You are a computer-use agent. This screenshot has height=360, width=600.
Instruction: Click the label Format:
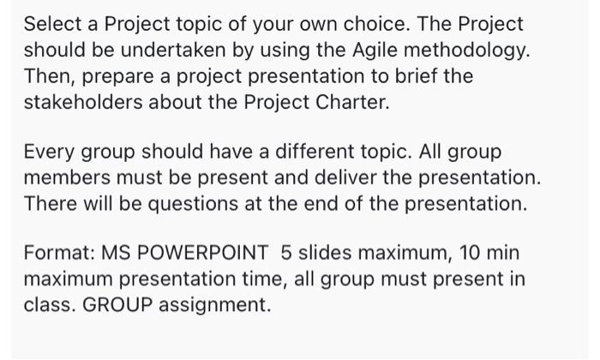click(59, 254)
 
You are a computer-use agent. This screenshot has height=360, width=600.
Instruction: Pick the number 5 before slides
click(285, 254)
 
